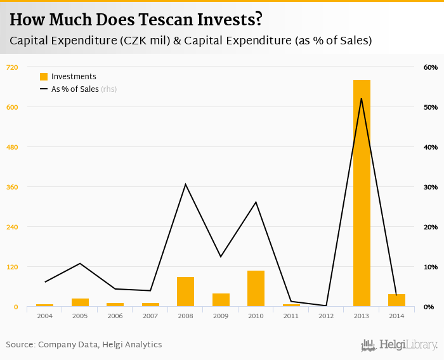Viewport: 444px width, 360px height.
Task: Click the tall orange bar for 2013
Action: (x=362, y=193)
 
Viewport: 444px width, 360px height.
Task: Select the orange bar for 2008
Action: (x=185, y=292)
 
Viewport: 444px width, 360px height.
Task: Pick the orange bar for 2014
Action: (x=396, y=300)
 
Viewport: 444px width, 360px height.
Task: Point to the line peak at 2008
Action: (x=185, y=184)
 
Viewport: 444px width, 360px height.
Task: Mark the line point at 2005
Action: (x=80, y=263)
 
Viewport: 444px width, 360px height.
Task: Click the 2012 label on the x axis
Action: (x=326, y=316)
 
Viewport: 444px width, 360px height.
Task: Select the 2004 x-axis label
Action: (x=44, y=316)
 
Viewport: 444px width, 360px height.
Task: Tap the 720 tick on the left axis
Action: (x=12, y=67)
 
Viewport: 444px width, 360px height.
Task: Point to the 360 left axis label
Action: (x=12, y=187)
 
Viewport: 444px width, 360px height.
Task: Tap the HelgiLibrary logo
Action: (x=400, y=345)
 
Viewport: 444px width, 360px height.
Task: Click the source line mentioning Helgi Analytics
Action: (x=84, y=345)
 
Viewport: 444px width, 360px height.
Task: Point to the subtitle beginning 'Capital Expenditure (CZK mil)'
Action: (x=190, y=41)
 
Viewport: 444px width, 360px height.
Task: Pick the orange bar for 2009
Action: (x=221, y=300)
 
